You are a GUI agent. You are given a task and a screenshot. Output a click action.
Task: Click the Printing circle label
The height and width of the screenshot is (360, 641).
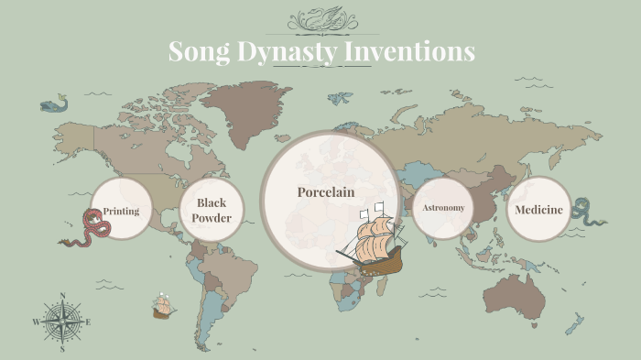[x=121, y=212]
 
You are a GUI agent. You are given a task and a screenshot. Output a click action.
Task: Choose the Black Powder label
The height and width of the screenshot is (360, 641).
[x=212, y=210]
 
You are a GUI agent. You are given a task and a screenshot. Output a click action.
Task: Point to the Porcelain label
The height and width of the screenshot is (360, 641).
[x=325, y=192]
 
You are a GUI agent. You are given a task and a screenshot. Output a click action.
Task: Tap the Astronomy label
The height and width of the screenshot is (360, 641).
[x=443, y=208]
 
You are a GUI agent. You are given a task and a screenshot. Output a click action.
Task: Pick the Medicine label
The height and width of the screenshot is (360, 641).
[x=538, y=210]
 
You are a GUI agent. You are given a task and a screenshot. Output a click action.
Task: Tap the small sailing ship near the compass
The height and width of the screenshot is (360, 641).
[x=164, y=305]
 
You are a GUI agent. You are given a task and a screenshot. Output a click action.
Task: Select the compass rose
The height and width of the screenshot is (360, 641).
[x=62, y=322]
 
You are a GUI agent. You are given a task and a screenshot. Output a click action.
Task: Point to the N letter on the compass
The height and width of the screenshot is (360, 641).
[x=62, y=296]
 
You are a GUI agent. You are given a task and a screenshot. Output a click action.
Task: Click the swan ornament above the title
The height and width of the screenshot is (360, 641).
[x=320, y=18]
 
